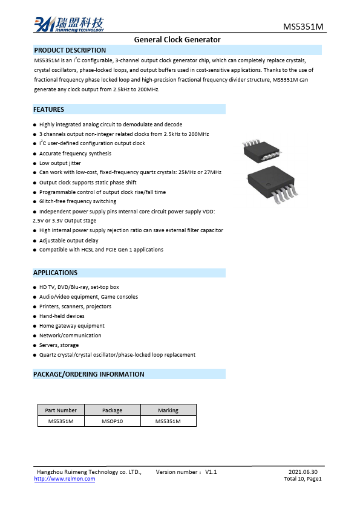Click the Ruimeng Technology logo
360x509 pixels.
pos(68,24)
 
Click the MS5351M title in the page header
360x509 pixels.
pos(304,27)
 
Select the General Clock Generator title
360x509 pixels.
pos(177,40)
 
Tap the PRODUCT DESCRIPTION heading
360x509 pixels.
pos(70,50)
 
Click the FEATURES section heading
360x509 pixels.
pos(48,109)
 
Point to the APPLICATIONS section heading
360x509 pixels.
pos(55,273)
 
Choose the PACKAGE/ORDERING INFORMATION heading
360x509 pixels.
pos(88,374)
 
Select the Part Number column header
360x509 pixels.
pos(61,410)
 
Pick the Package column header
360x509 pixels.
pos(112,410)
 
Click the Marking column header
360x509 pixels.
pos(168,410)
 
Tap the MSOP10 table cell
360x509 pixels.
pos(112,421)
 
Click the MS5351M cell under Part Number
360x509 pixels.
pos(61,421)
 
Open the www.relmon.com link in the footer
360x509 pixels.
pos(65,479)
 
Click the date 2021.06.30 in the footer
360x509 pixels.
pos(303,472)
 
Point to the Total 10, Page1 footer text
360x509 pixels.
pos(303,479)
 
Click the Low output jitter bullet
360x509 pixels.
pos(60,163)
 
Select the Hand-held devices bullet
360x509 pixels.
pos(62,316)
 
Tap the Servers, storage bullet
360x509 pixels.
pos(59,345)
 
